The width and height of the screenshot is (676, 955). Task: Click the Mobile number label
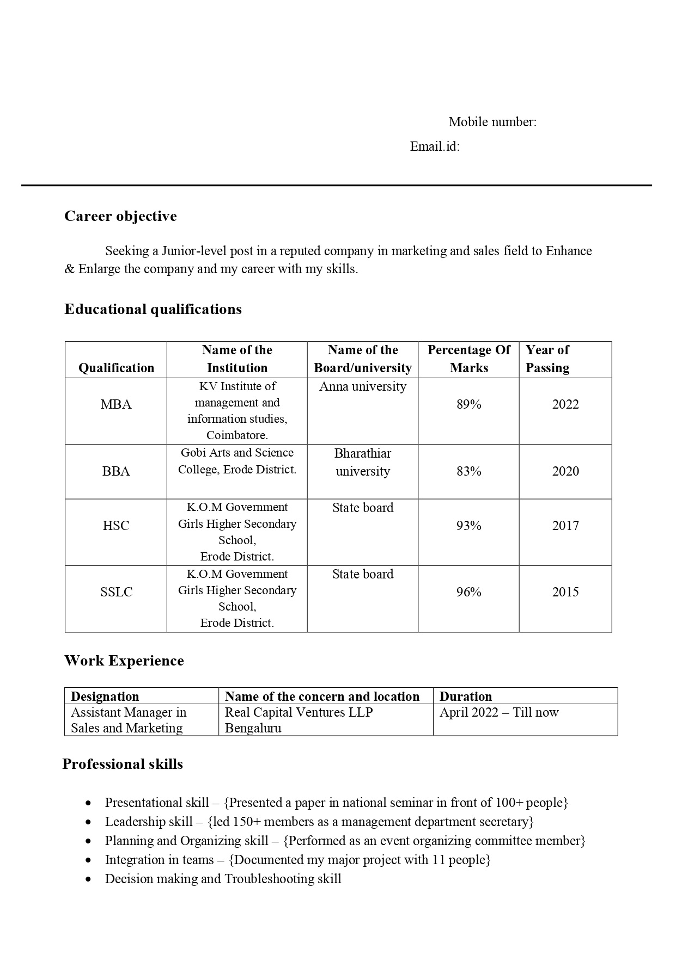pyautogui.click(x=492, y=122)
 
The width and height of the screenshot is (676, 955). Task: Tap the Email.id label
pyautogui.click(x=435, y=147)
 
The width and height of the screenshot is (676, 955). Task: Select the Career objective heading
pyautogui.click(x=120, y=217)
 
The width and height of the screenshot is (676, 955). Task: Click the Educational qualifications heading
pyautogui.click(x=153, y=310)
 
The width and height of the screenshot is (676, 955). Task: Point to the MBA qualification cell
pyautogui.click(x=116, y=405)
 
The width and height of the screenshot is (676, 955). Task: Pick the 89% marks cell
pyautogui.click(x=468, y=405)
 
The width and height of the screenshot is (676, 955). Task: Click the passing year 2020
pyautogui.click(x=565, y=472)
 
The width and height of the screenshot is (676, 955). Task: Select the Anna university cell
pyautogui.click(x=363, y=387)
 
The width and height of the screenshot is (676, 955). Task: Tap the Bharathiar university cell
pyautogui.click(x=363, y=463)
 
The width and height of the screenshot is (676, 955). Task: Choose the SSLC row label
pyautogui.click(x=116, y=593)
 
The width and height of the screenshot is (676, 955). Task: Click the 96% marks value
pyautogui.click(x=468, y=593)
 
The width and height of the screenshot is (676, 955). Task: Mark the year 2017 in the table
pyautogui.click(x=565, y=526)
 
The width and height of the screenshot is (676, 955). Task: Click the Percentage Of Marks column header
pyautogui.click(x=468, y=359)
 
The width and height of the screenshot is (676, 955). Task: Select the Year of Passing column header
pyautogui.click(x=547, y=359)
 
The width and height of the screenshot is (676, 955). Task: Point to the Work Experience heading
pyautogui.click(x=124, y=661)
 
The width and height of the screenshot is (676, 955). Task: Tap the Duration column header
pyautogui.click(x=465, y=697)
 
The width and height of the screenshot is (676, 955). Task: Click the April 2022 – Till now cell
pyautogui.click(x=499, y=713)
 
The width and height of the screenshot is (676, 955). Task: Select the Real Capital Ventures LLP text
pyautogui.click(x=299, y=713)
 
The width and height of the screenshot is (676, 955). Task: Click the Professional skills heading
pyautogui.click(x=123, y=765)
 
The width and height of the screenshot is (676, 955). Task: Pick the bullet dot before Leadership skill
pyautogui.click(x=89, y=822)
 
